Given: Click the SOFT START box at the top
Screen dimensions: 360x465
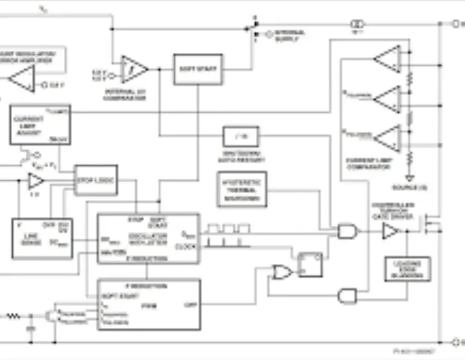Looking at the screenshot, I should [x=198, y=69].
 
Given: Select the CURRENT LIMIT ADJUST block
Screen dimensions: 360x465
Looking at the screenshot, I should [x=40, y=125].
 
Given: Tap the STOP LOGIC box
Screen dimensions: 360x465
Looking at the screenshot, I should [x=96, y=180].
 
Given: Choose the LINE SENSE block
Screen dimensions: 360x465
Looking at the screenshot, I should [x=42, y=239].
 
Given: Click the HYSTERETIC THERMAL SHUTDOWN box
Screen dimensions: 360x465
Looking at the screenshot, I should [x=241, y=190].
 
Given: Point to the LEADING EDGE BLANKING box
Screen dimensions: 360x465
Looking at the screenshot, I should [x=407, y=269].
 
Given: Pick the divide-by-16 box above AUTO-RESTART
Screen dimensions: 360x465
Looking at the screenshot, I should [x=240, y=136].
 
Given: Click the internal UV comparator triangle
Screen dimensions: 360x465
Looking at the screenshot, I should [x=134, y=69].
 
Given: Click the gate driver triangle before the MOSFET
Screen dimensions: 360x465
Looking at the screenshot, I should [x=390, y=231].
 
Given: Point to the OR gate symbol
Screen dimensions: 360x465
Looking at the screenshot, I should [x=282, y=272].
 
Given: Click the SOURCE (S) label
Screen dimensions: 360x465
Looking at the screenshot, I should [x=409, y=187].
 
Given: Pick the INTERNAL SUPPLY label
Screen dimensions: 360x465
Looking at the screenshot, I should [x=289, y=36].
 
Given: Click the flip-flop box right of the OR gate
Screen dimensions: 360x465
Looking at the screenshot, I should [x=310, y=265].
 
